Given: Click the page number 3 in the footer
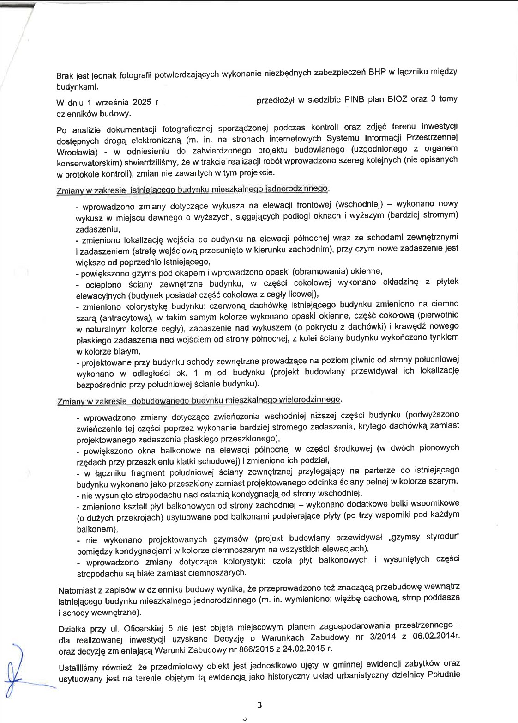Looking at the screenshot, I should click(259, 705).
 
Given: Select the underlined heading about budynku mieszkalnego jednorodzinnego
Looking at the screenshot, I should click(193, 189).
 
